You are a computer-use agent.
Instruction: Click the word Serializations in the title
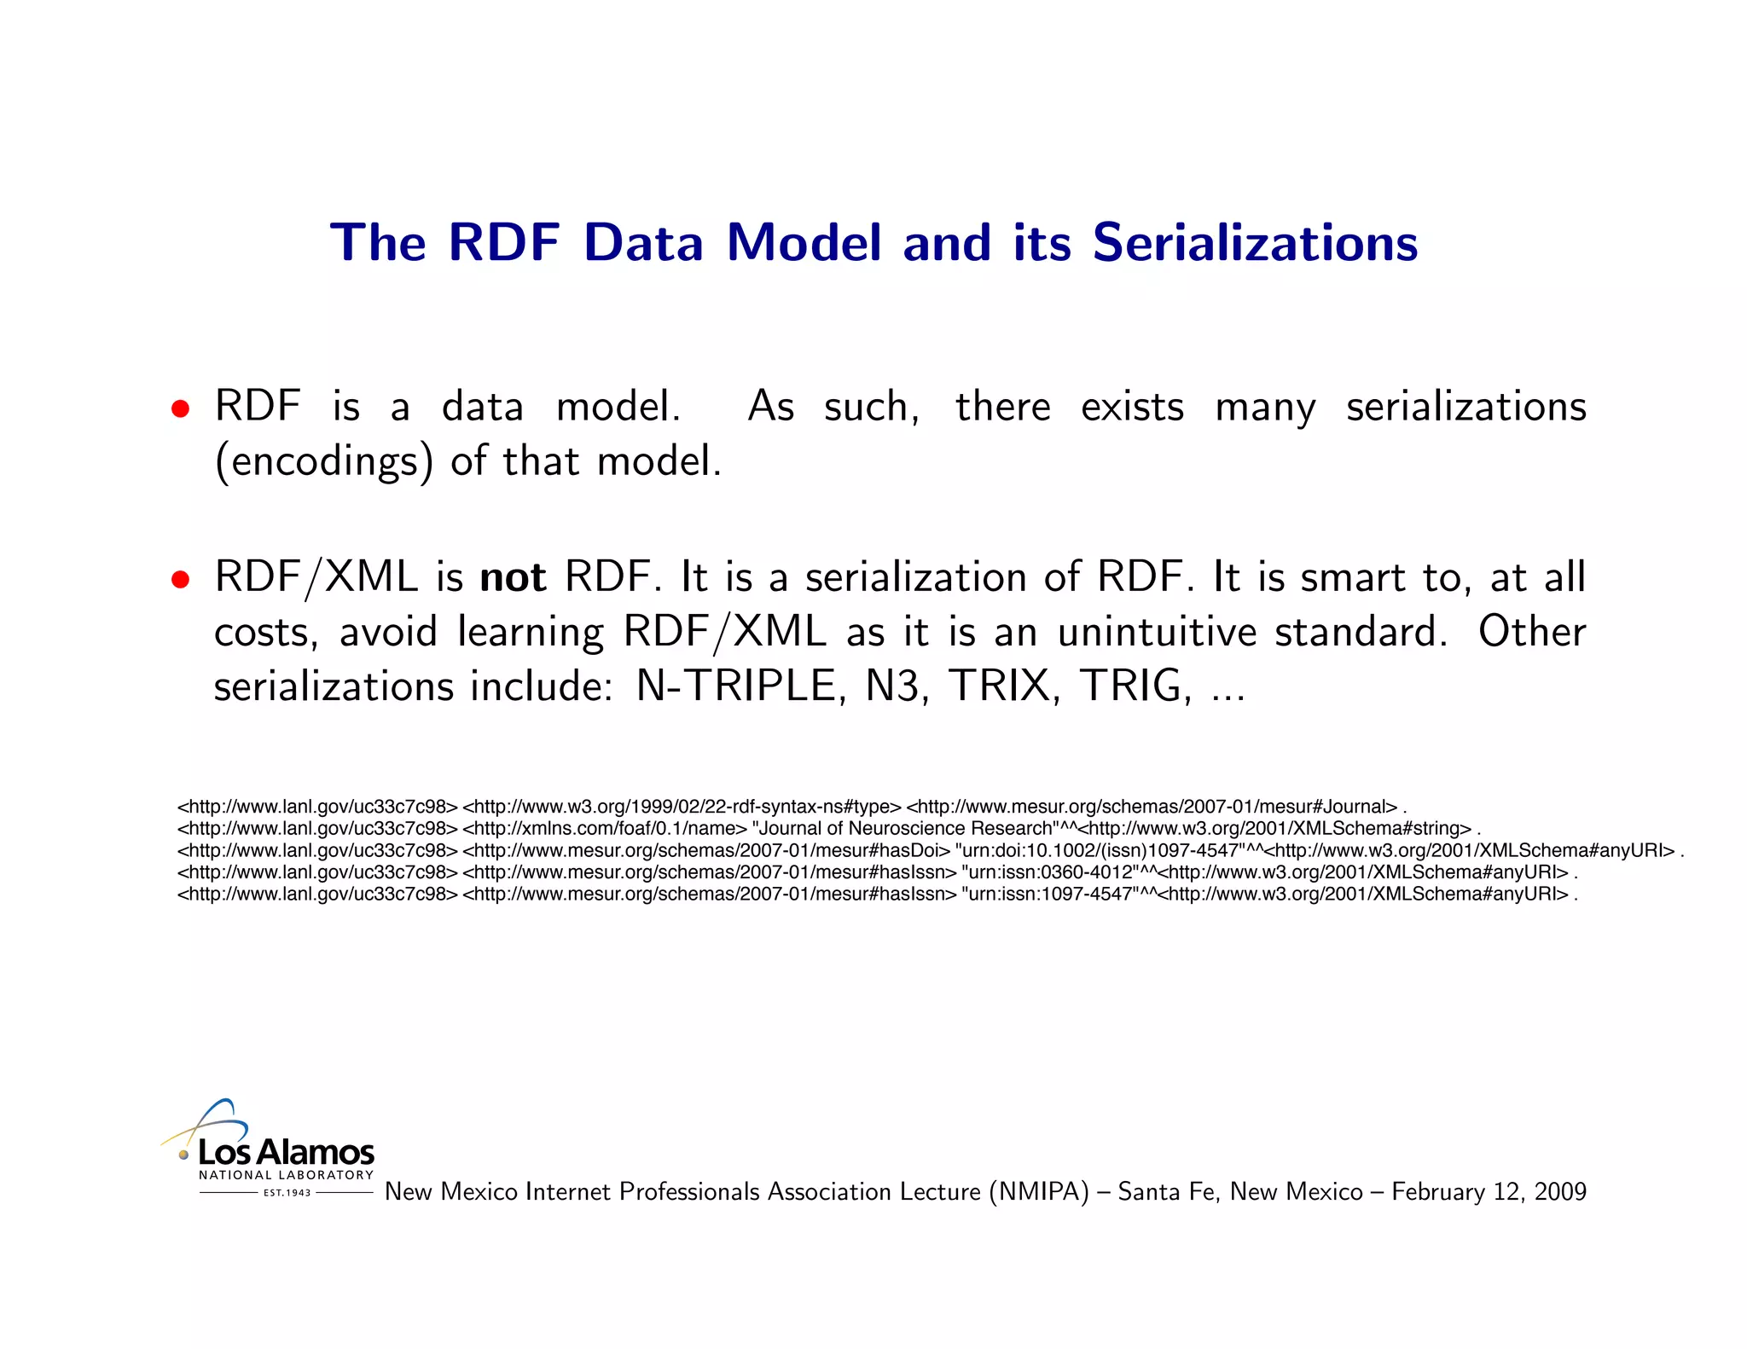tap(1255, 243)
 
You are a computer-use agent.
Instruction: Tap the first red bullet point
tap(180, 408)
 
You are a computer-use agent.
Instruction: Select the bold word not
tap(513, 578)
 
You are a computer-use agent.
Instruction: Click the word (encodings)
tap(324, 462)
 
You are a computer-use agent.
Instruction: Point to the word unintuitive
tap(1158, 633)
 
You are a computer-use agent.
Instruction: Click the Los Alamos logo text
tap(287, 1153)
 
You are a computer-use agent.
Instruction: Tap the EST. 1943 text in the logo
tap(287, 1193)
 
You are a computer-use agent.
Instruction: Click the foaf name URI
tap(605, 829)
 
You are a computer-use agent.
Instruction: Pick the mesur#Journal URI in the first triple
tap(1152, 807)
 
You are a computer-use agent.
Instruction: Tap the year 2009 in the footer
tap(1559, 1192)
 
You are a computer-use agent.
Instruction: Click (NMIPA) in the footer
tap(1039, 1192)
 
